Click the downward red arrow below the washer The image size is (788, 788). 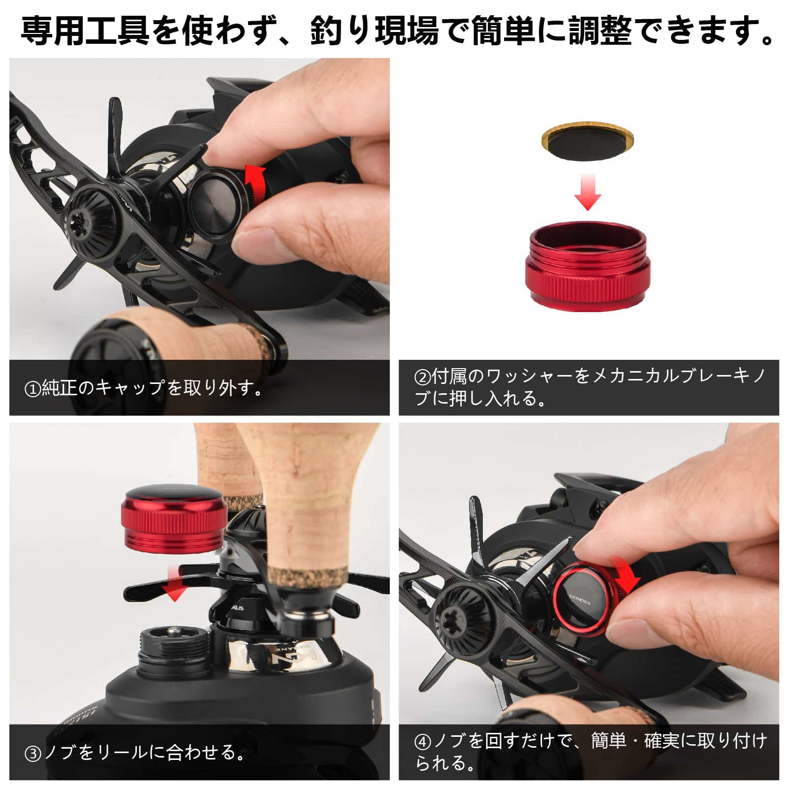tap(588, 192)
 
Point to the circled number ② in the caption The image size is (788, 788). tap(422, 377)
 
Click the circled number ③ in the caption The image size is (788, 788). tap(32, 754)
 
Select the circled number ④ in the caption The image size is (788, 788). tap(422, 742)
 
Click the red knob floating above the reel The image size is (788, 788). tap(174, 517)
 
